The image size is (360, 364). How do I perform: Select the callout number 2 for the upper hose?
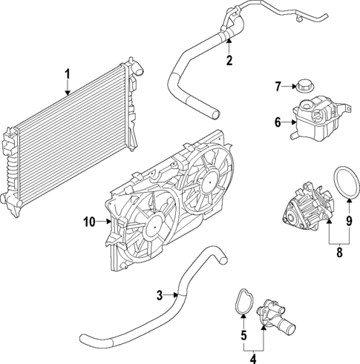(x=229, y=60)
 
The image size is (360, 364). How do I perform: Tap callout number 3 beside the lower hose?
(x=159, y=296)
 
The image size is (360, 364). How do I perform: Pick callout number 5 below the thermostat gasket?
(x=242, y=336)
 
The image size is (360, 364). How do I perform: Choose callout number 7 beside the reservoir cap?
(x=279, y=87)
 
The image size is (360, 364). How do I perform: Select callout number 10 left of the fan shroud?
(x=89, y=221)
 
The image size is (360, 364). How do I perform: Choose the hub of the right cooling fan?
(x=203, y=180)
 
